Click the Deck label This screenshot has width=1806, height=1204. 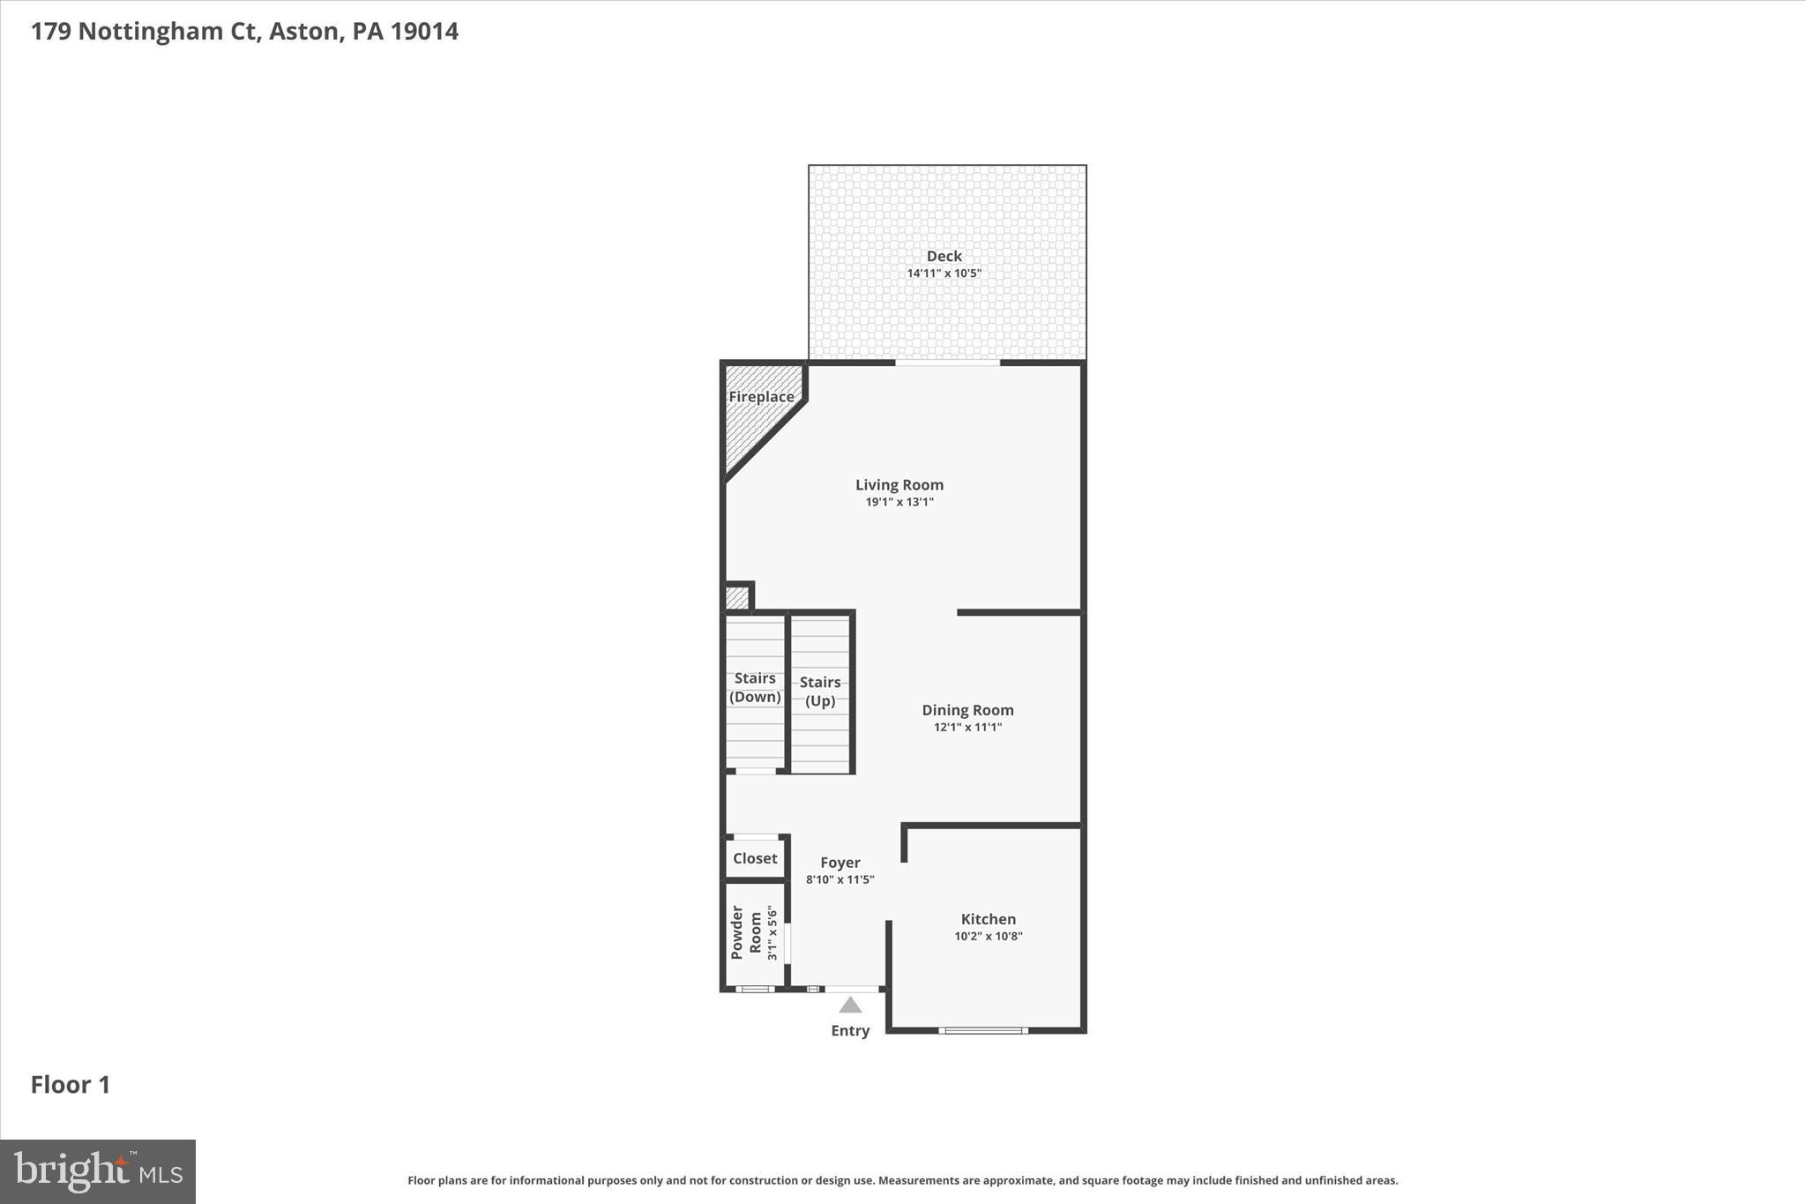pyautogui.click(x=944, y=256)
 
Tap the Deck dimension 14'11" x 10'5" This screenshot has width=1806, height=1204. pyautogui.click(x=944, y=273)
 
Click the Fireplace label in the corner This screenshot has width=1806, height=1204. pyautogui.click(x=761, y=397)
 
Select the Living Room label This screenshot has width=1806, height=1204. pyautogui.click(x=899, y=484)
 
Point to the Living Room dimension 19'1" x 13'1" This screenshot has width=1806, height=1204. pyautogui.click(x=899, y=502)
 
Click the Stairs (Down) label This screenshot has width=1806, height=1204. pyautogui.click(x=755, y=687)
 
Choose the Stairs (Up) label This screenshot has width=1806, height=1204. pyautogui.click(x=820, y=692)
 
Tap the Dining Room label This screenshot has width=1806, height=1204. pyautogui.click(x=967, y=710)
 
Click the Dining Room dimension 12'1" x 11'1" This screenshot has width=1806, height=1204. pyautogui.click(x=967, y=728)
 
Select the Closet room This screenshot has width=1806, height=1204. pyautogui.click(x=755, y=858)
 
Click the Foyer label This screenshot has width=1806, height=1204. pyautogui.click(x=840, y=863)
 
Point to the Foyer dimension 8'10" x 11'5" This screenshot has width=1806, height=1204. pyautogui.click(x=840, y=879)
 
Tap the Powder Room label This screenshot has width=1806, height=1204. pyautogui.click(x=746, y=932)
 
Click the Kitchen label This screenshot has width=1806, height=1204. pyautogui.click(x=988, y=919)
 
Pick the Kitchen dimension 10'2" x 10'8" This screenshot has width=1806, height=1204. pyautogui.click(x=988, y=937)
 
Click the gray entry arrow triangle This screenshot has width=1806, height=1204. pyautogui.click(x=850, y=1006)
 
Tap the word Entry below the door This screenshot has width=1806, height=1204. pyautogui.click(x=850, y=1030)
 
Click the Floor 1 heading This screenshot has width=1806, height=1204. pyautogui.click(x=71, y=1085)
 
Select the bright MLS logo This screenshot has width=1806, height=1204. pyautogui.click(x=98, y=1171)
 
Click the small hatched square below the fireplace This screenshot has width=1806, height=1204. pyautogui.click(x=736, y=598)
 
